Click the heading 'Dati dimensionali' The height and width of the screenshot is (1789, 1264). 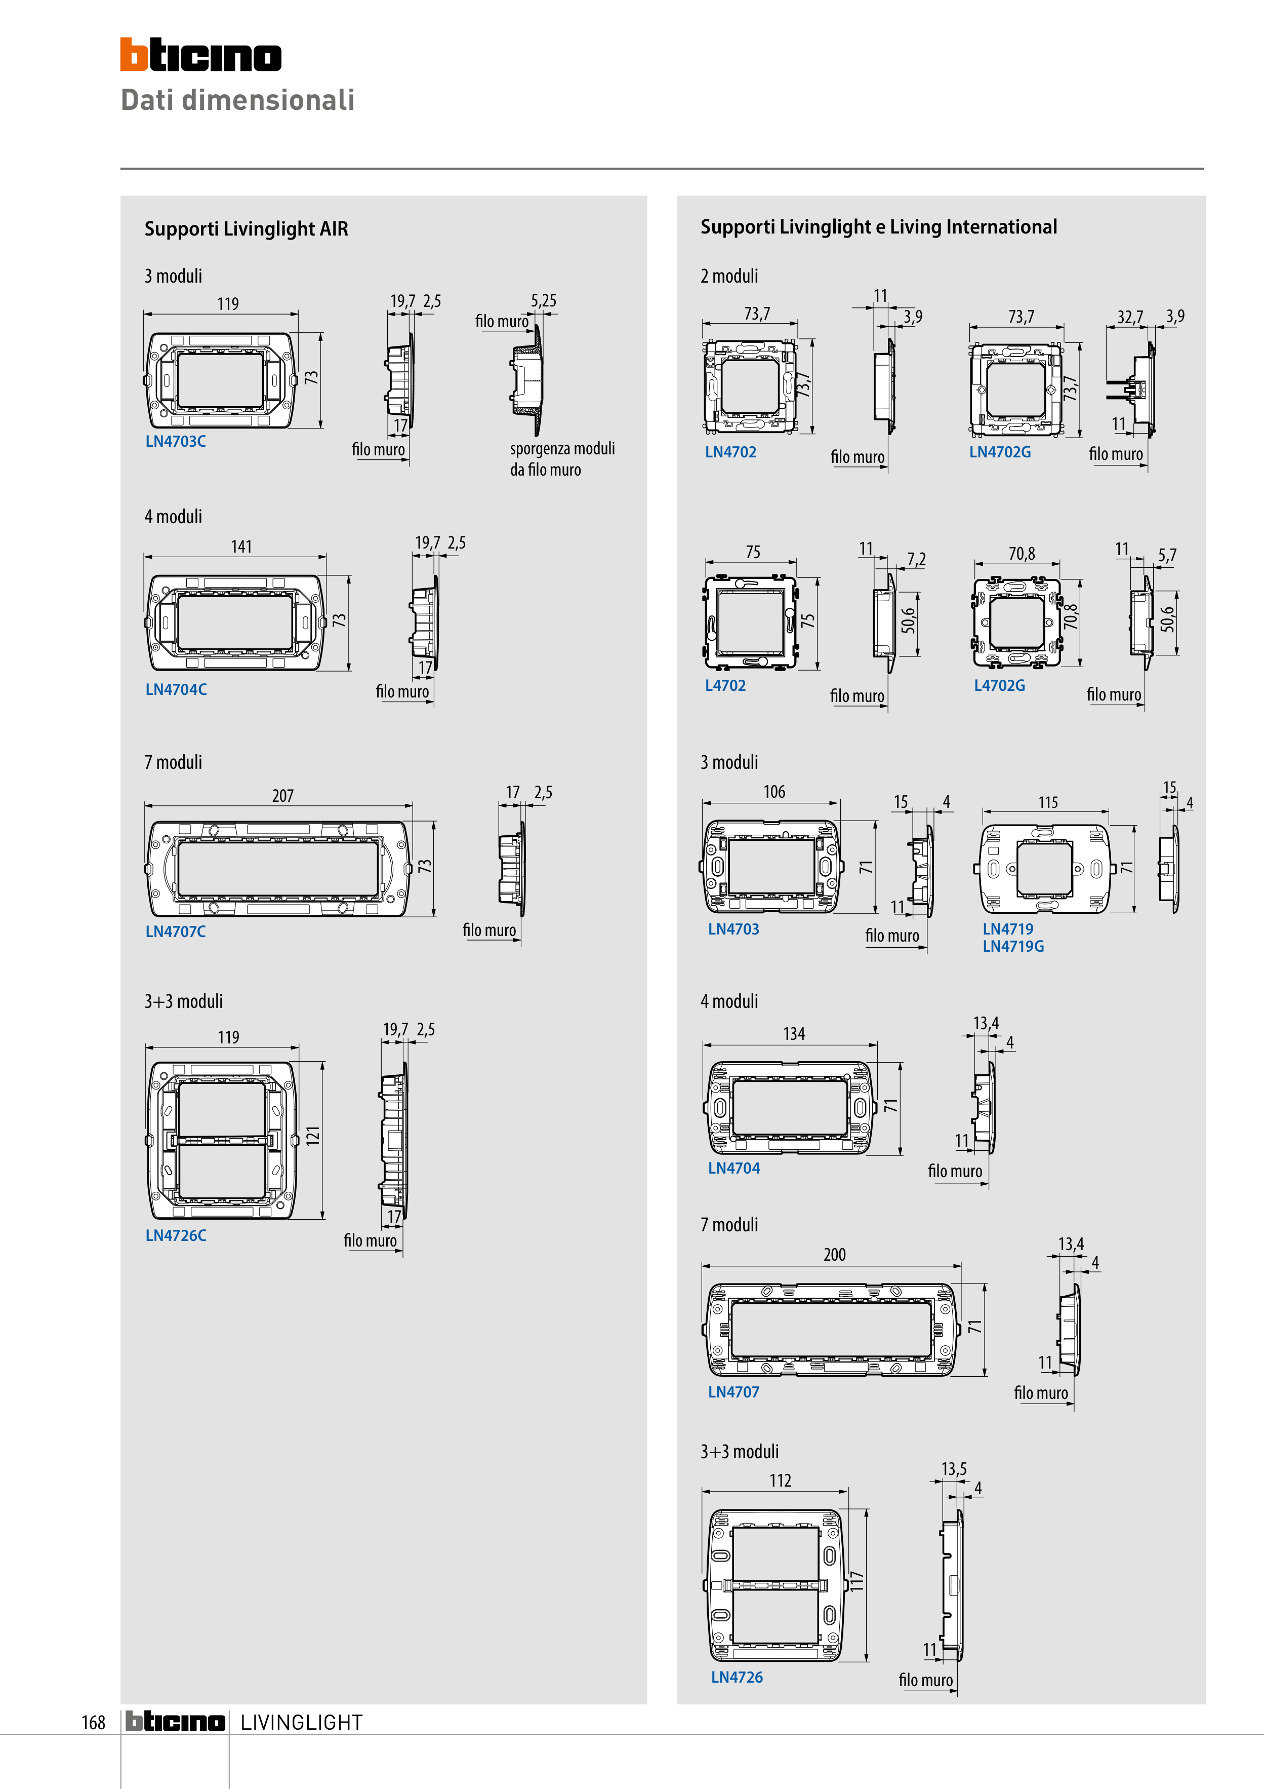click(x=237, y=100)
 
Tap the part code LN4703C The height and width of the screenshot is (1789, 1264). click(x=176, y=441)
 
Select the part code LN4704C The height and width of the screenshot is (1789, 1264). click(x=176, y=689)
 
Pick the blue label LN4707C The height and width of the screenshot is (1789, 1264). click(x=176, y=931)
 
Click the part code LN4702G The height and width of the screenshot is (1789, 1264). click(x=1000, y=452)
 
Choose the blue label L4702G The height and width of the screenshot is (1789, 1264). click(x=1000, y=686)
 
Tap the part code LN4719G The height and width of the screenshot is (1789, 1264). click(x=1013, y=946)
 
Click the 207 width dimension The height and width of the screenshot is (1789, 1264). click(x=282, y=796)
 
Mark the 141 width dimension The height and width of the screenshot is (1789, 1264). click(x=241, y=546)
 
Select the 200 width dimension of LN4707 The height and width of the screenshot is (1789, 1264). click(x=835, y=1255)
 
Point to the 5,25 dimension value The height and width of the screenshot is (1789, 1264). click(x=544, y=301)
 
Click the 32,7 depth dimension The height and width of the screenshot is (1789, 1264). click(x=1130, y=317)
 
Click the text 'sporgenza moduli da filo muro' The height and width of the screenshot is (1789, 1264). click(x=562, y=459)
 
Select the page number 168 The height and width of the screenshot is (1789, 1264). click(x=94, y=1722)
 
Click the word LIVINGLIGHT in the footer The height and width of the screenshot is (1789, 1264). click(x=301, y=1722)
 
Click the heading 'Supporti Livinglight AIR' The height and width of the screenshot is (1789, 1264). click(x=246, y=229)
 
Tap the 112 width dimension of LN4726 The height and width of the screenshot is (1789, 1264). click(x=781, y=1481)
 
